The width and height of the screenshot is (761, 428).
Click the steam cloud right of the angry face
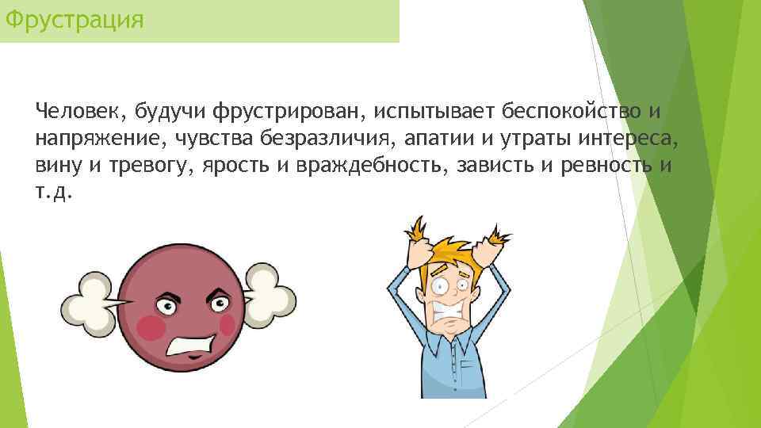coord(270,296)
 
